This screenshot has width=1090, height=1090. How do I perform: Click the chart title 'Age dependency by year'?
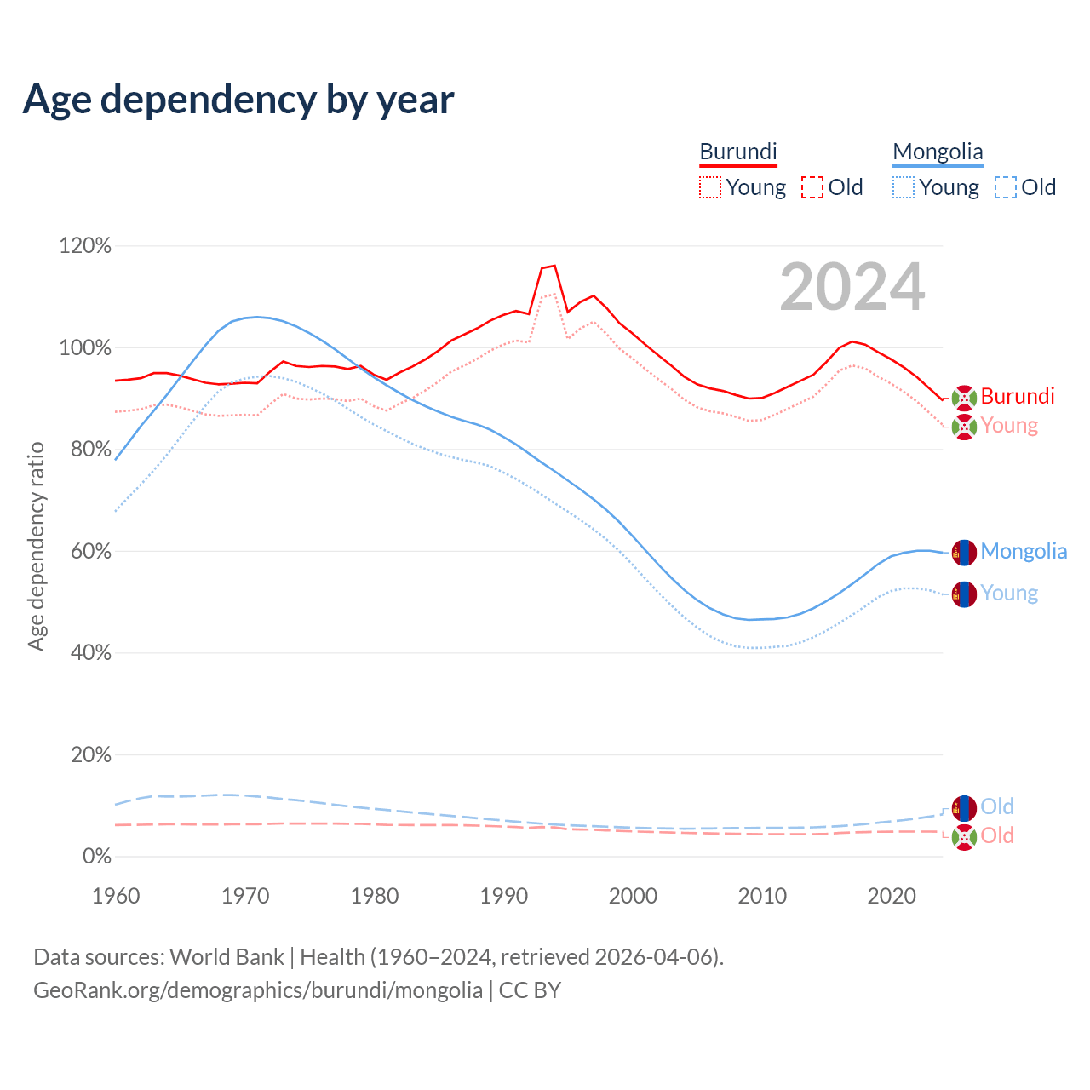[x=238, y=100]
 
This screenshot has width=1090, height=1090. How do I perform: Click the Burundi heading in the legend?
[x=738, y=152]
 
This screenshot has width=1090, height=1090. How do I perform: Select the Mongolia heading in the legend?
[x=938, y=152]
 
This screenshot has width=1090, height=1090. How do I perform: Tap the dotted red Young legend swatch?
[x=709, y=187]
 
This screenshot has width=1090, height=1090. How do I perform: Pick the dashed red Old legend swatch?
[x=812, y=187]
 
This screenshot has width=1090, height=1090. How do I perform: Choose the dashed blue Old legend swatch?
[x=1006, y=187]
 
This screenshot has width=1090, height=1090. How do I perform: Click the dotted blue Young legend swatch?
[x=904, y=187]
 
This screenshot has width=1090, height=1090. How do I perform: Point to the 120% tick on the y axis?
[x=85, y=246]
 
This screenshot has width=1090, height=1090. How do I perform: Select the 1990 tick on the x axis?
[x=504, y=896]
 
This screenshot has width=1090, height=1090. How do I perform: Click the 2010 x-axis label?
[x=762, y=896]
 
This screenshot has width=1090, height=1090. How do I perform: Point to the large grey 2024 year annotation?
[x=852, y=288]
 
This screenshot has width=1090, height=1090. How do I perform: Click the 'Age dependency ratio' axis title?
[x=36, y=546]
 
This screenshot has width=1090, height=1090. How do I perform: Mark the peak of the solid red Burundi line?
[x=554, y=266]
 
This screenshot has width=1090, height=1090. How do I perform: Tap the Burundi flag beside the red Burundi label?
[x=964, y=398]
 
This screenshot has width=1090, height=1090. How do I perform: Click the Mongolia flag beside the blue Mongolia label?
[x=964, y=552]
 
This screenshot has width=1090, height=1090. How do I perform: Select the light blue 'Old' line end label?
[x=997, y=806]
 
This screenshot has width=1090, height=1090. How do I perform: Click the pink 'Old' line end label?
[x=997, y=835]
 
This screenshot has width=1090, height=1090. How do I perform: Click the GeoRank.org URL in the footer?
[x=258, y=990]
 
